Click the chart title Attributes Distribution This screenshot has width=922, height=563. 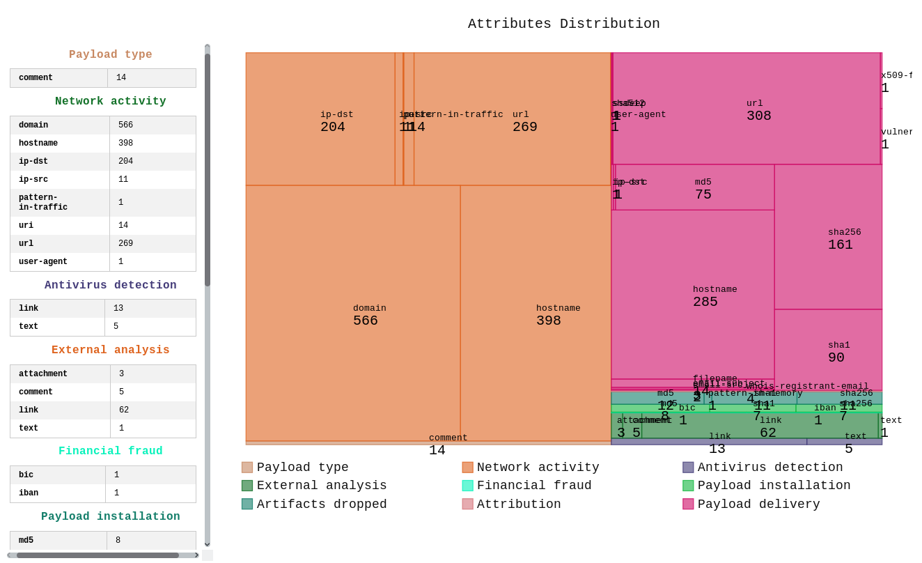[563, 24]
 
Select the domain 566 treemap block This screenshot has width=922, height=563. [352, 314]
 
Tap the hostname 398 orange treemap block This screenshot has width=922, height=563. [536, 314]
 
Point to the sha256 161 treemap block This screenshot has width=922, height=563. [828, 237]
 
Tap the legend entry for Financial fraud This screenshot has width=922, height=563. [533, 486]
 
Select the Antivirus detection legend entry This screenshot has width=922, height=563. [769, 468]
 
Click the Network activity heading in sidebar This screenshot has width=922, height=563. [110, 102]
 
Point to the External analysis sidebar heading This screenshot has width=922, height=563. [110, 350]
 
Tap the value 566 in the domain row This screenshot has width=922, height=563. [125, 125]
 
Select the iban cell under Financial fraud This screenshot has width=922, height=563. [26, 493]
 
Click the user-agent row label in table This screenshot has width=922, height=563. [43, 262]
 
